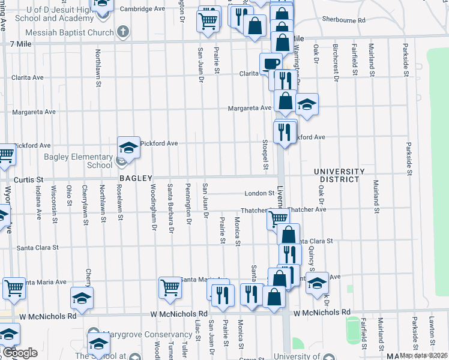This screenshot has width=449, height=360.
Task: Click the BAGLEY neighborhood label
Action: [x=136, y=179]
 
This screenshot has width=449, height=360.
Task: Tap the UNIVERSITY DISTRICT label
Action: [x=339, y=176]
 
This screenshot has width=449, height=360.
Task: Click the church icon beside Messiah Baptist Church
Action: [x=123, y=32]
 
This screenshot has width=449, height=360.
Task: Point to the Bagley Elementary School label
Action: [x=78, y=161]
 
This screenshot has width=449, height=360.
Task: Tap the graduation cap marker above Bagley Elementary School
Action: [x=128, y=147]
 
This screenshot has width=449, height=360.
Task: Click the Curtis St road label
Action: [x=29, y=179]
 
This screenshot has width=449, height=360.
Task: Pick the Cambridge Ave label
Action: [x=142, y=9]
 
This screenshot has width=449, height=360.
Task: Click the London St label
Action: [x=259, y=193]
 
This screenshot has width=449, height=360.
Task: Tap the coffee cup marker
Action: [x=270, y=63]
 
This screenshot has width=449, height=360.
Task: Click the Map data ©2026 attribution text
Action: [x=423, y=355]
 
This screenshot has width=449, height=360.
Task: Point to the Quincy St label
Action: [x=311, y=259]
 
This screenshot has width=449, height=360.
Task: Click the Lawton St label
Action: [x=431, y=332]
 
